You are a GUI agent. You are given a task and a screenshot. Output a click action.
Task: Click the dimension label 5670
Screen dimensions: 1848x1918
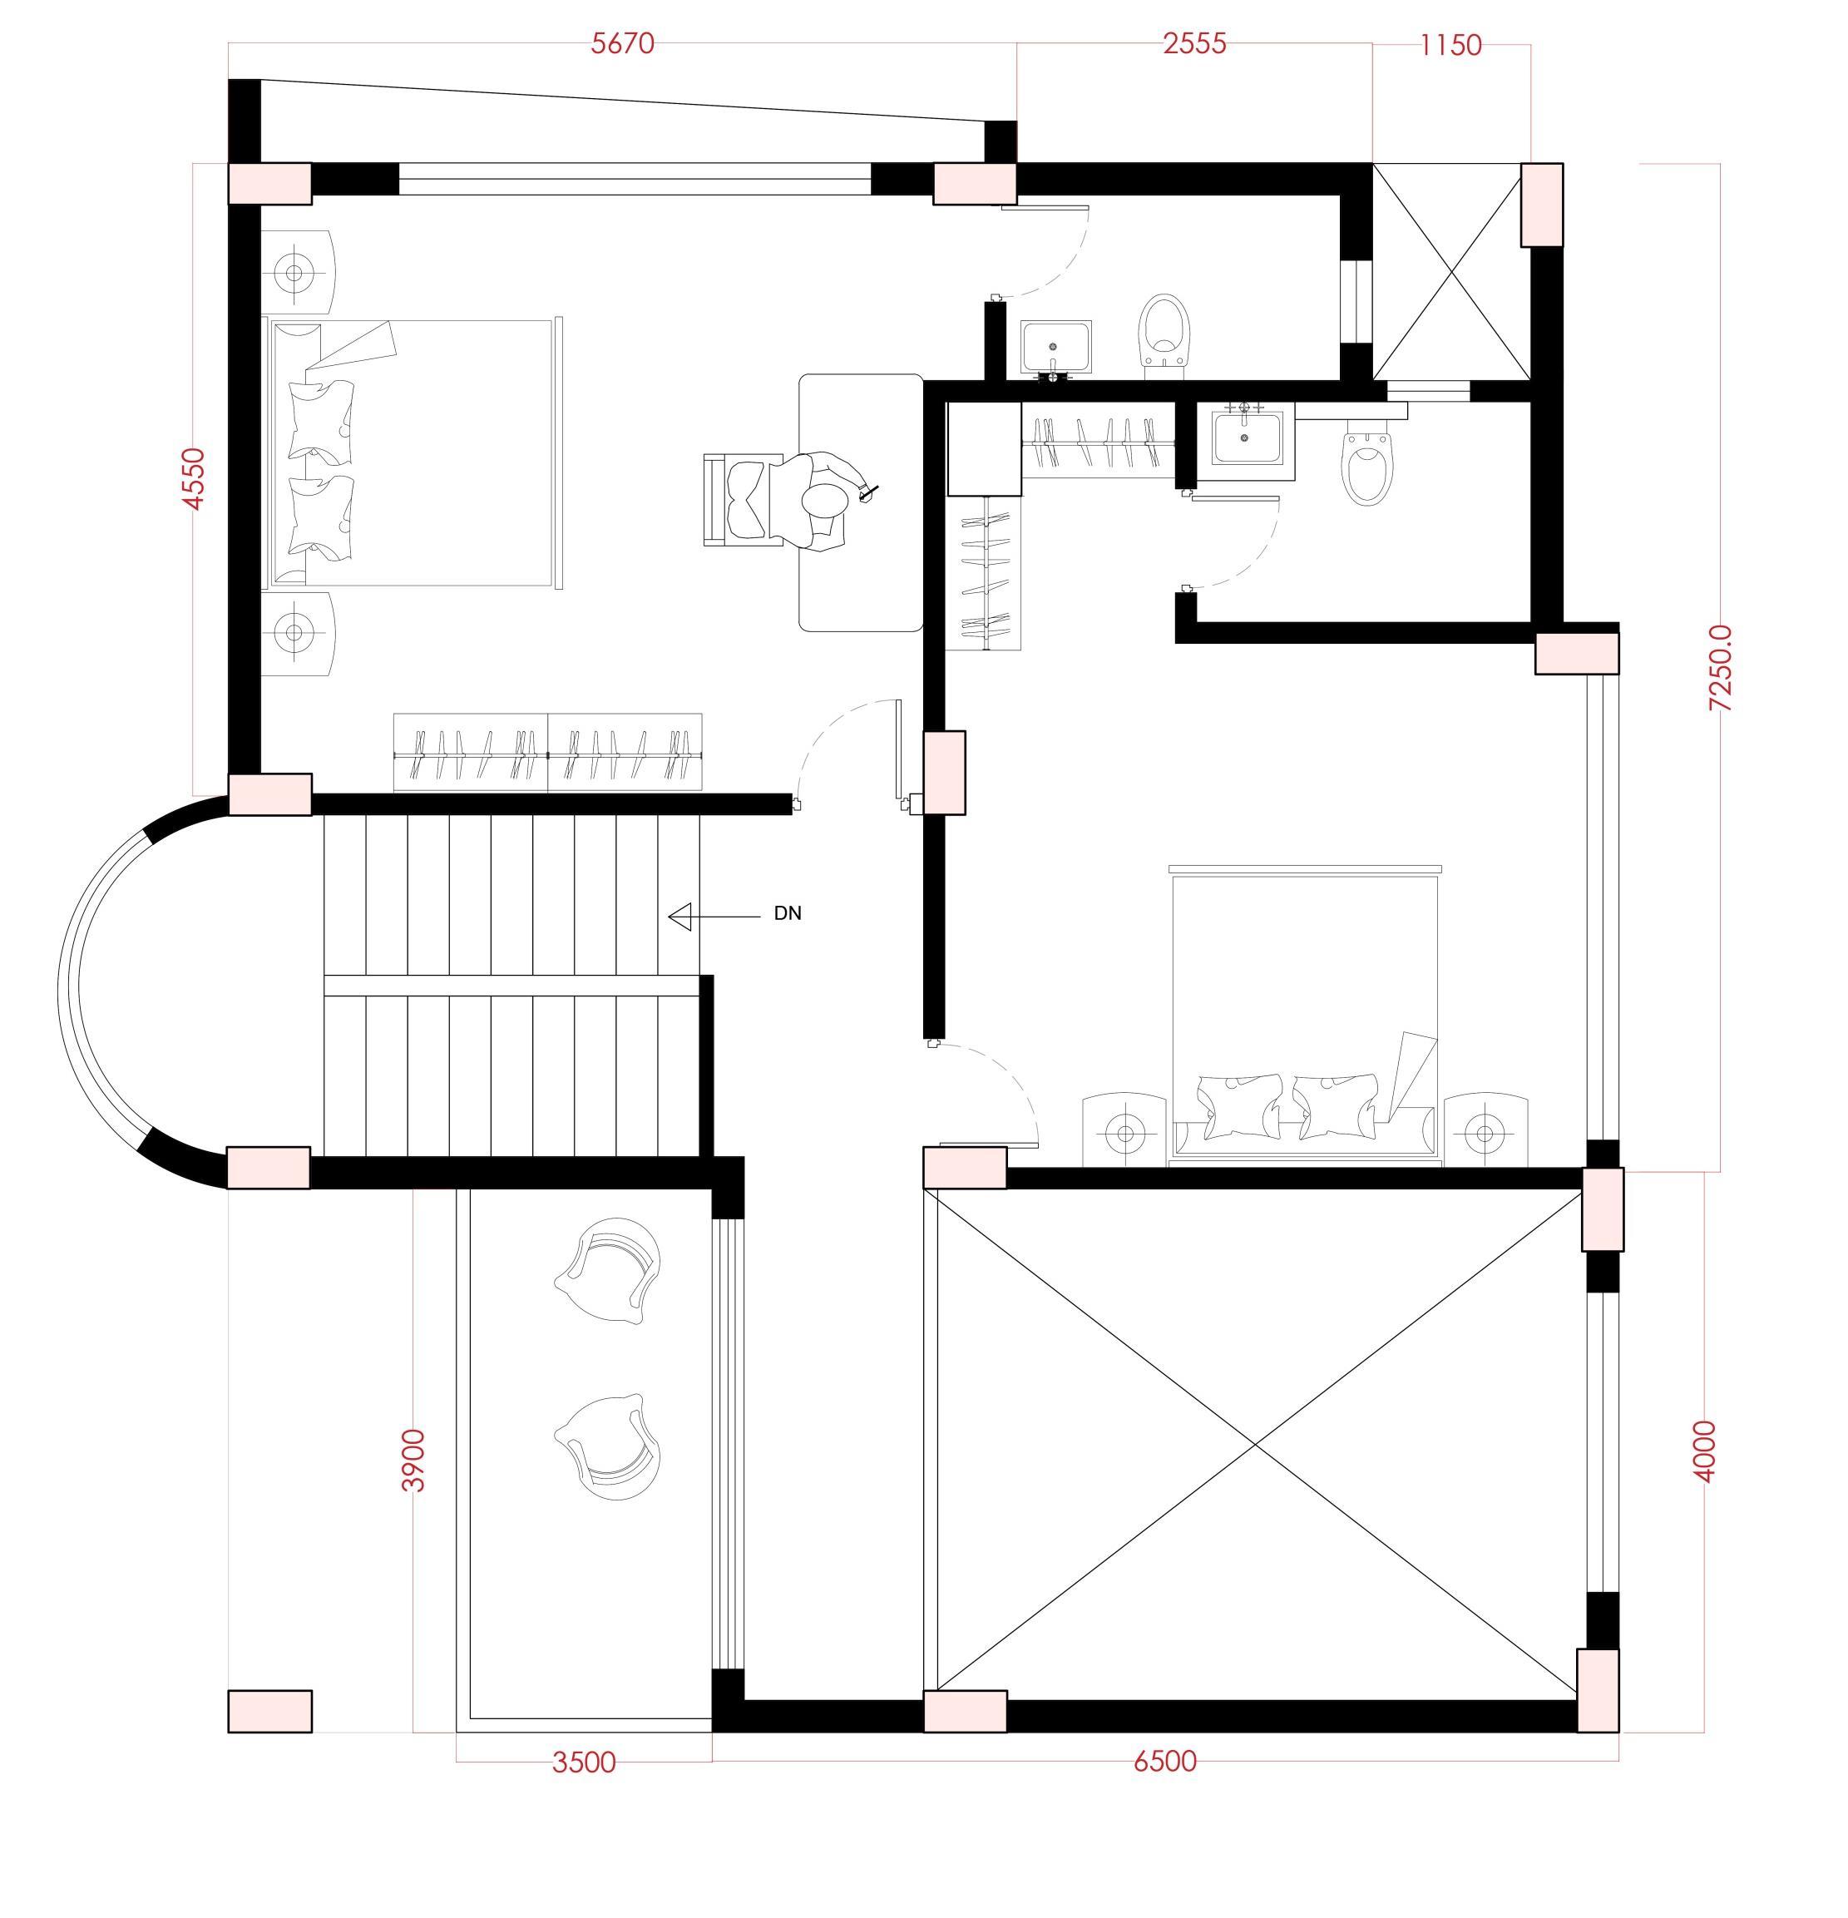point(622,44)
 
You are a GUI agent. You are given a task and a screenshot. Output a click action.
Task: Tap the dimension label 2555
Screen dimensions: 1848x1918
point(1194,44)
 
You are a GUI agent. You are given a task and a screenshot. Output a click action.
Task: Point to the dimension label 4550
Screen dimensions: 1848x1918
point(195,478)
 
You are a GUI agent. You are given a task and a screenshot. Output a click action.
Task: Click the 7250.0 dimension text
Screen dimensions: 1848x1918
point(1719,667)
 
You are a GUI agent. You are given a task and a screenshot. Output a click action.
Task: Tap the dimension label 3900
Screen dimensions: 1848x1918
point(414,1460)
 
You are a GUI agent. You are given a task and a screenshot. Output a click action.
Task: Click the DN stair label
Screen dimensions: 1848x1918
point(788,914)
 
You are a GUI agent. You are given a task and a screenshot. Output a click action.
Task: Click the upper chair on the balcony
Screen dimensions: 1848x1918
point(610,1270)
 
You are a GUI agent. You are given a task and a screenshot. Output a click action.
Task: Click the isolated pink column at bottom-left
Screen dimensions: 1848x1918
point(270,1712)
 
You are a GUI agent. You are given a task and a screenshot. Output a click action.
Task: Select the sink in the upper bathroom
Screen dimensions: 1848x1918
point(1055,348)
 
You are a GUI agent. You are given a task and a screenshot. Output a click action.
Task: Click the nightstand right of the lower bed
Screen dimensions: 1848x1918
point(1485,1131)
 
